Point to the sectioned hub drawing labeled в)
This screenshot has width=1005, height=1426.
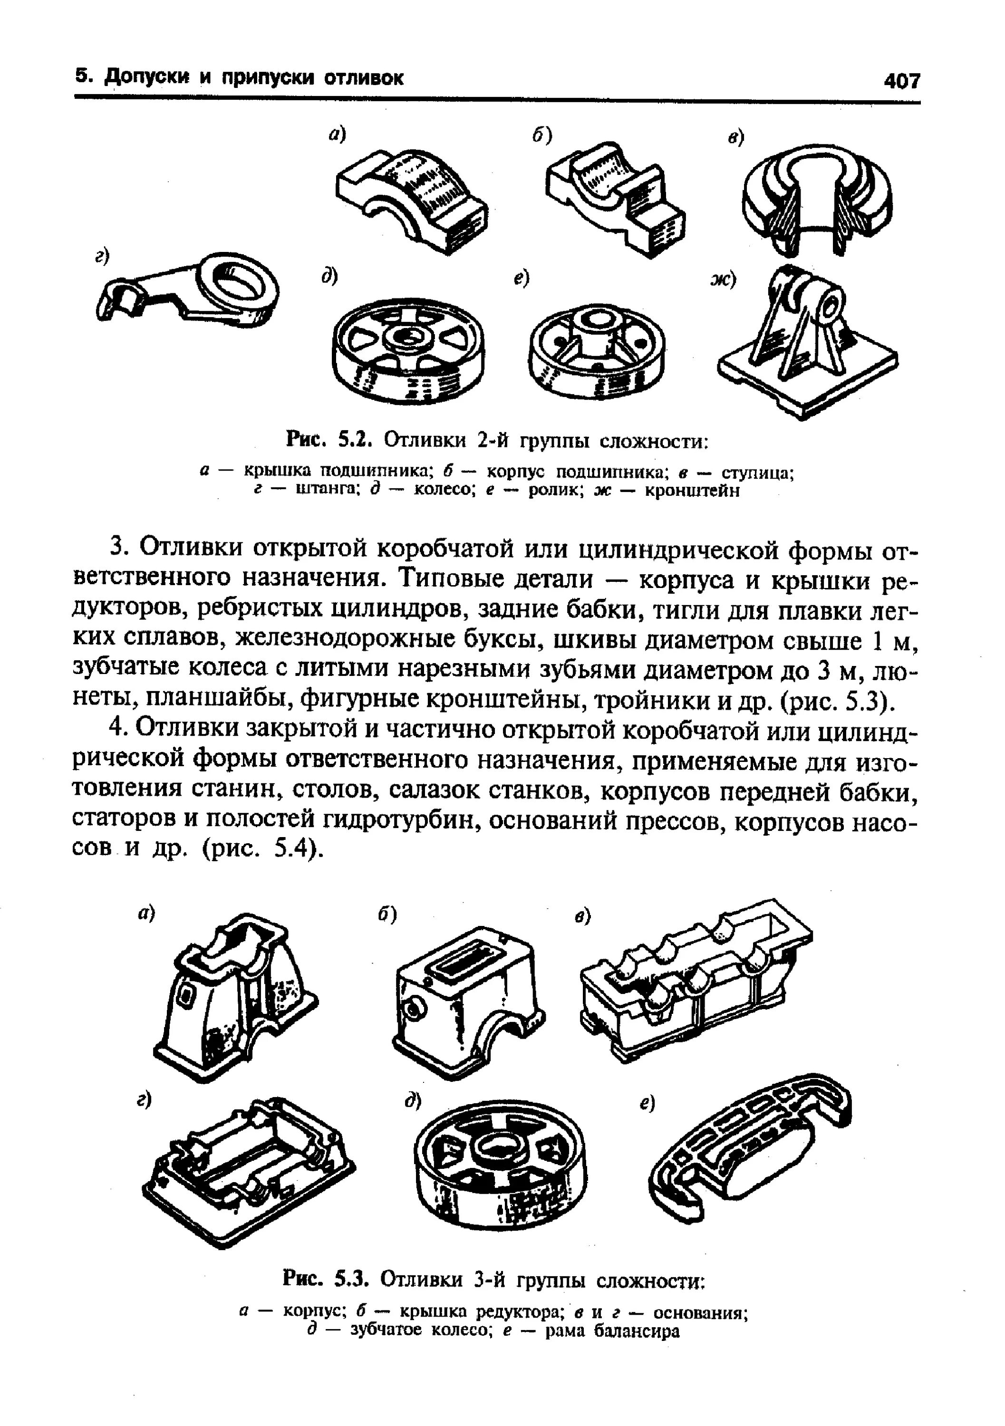coord(818,199)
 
